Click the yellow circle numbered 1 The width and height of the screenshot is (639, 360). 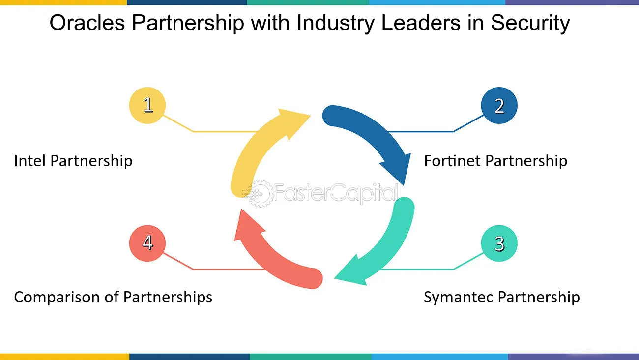(147, 105)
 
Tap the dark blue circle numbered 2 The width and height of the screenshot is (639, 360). (499, 105)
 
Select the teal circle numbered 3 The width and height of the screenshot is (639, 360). (499, 243)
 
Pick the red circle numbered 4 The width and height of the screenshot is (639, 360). (147, 243)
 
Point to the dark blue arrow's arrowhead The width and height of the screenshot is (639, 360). (398, 168)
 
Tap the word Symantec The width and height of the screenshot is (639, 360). (459, 297)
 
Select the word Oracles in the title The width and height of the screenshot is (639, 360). (87, 23)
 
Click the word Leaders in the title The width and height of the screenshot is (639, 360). (421, 23)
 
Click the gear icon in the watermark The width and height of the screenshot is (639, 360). (259, 194)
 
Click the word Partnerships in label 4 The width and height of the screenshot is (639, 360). (168, 297)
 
